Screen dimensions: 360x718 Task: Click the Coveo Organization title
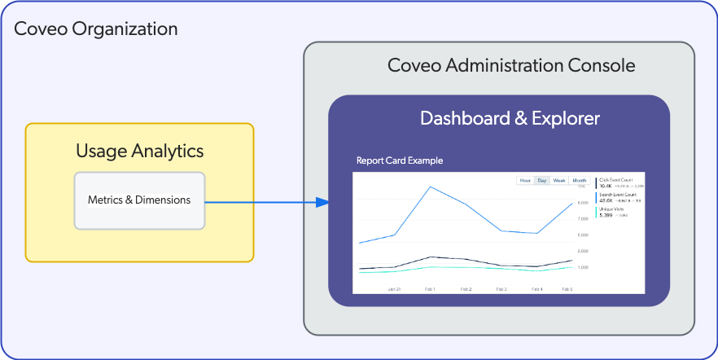pos(96,29)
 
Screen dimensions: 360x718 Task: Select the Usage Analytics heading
pos(139,151)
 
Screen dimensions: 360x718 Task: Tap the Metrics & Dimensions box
pos(139,200)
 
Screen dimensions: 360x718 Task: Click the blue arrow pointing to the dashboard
pos(269,201)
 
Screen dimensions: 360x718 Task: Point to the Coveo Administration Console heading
pos(500,66)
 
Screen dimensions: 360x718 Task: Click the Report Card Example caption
pos(400,160)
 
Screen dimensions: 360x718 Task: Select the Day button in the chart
pos(541,180)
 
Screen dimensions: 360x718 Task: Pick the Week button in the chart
pos(560,180)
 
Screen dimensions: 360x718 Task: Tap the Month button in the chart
pos(579,180)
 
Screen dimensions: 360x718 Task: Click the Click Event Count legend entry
pos(616,182)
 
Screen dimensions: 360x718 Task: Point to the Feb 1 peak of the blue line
pos(430,187)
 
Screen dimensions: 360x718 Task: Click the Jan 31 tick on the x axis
pos(394,289)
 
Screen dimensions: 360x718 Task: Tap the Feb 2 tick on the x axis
pos(466,289)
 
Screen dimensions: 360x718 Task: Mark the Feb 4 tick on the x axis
pos(537,289)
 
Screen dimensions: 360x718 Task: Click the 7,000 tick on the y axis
pos(583,218)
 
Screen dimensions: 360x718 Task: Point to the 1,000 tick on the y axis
pos(583,267)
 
